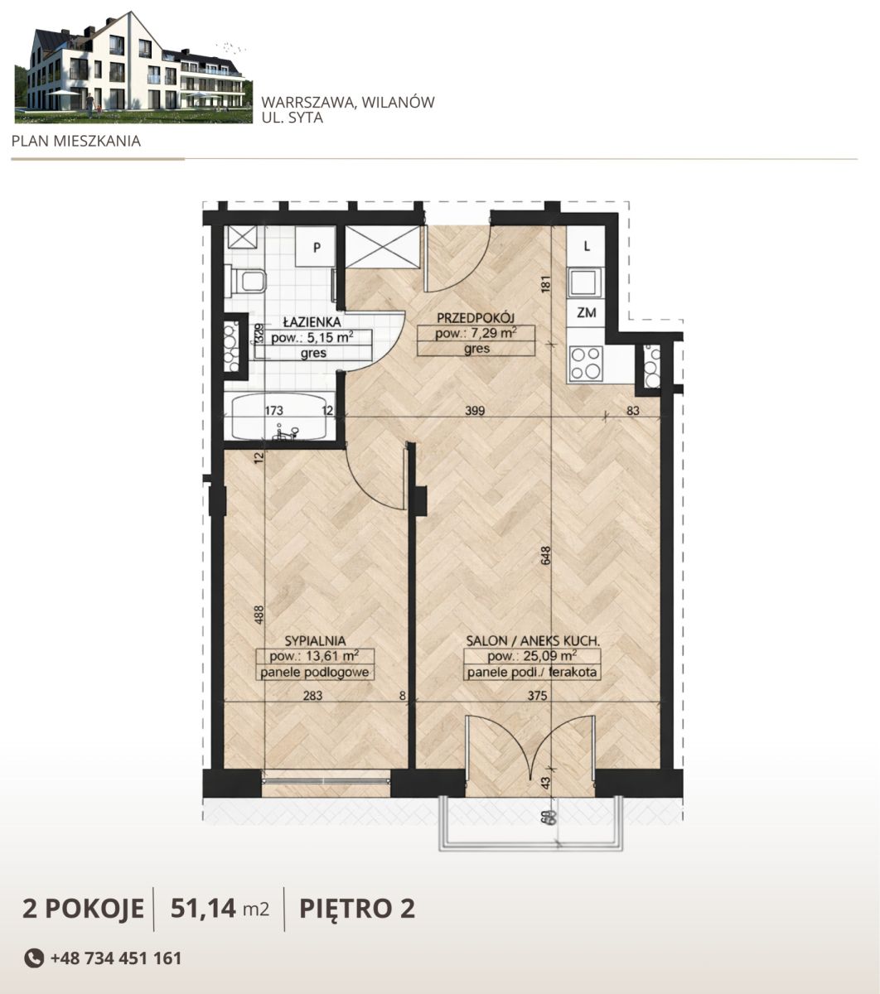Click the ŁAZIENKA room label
coord(312,322)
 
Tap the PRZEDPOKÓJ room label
coord(476,318)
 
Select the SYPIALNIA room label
coord(315,641)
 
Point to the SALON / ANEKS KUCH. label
coord(533,641)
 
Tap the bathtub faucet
coord(286,433)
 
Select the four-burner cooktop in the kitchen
coord(586,364)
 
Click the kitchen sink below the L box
coord(585,282)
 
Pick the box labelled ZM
coord(587,312)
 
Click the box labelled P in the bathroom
coord(317,248)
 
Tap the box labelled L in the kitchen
coord(587,247)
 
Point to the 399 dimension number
coord(475,410)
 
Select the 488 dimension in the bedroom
coord(259,615)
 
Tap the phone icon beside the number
coord(34,958)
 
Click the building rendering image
coord(133,67)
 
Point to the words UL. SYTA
coord(292,118)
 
